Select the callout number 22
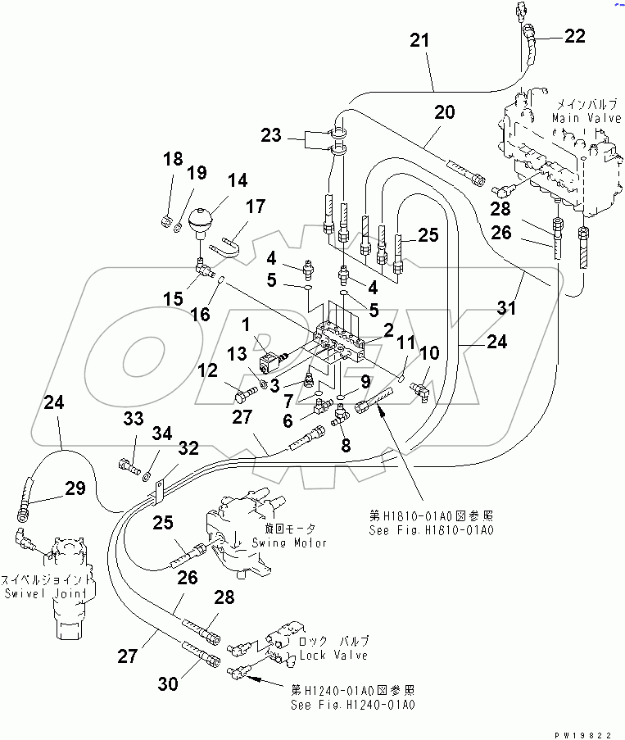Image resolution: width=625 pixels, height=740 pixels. (574, 35)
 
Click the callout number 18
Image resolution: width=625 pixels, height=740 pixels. (172, 159)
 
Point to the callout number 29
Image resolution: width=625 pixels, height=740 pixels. (75, 488)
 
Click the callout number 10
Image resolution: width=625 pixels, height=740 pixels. (430, 353)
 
